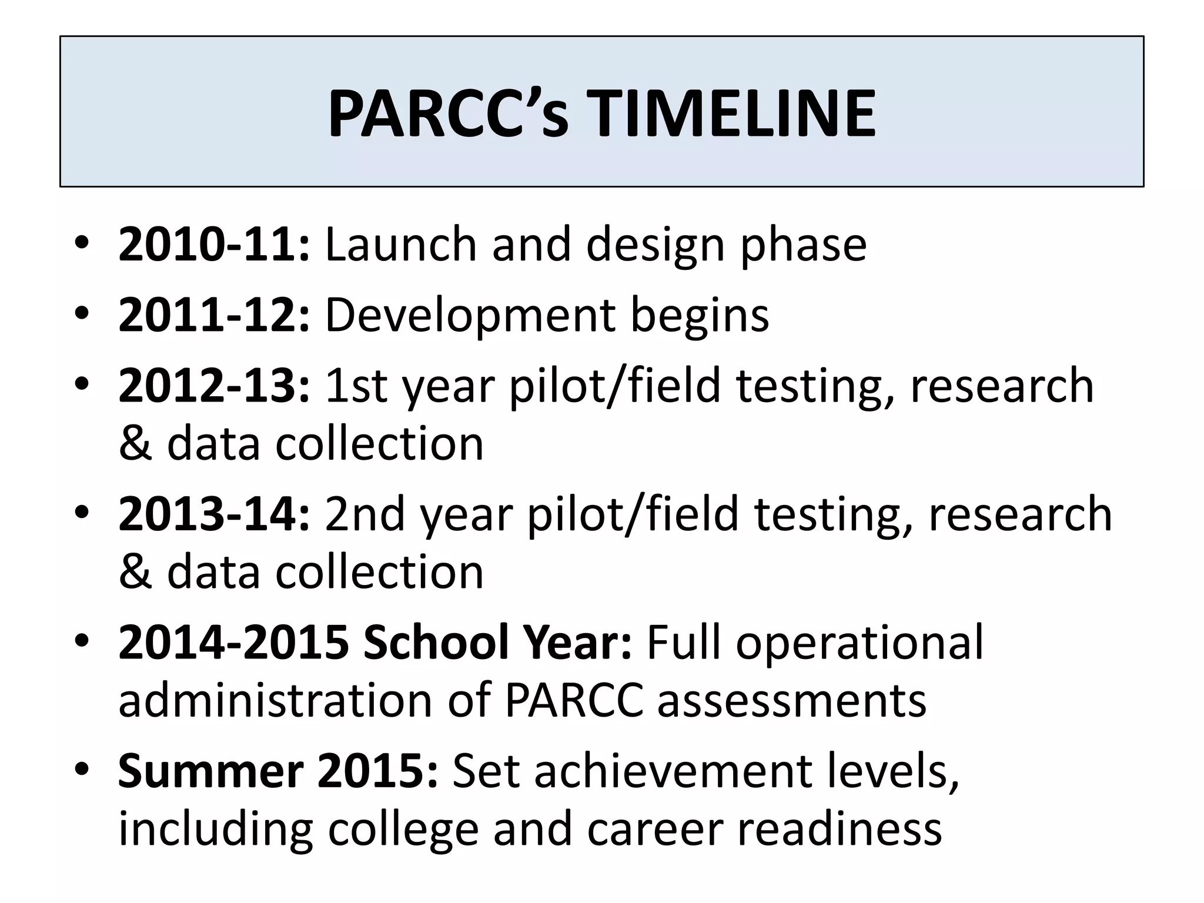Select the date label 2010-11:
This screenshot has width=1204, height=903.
214,245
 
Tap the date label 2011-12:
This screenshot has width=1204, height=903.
214,315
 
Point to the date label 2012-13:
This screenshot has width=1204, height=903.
214,386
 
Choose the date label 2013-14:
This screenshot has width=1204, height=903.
214,514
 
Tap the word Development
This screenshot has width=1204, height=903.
470,316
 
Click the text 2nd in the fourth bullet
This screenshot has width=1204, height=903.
364,514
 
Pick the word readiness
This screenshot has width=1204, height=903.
840,829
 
